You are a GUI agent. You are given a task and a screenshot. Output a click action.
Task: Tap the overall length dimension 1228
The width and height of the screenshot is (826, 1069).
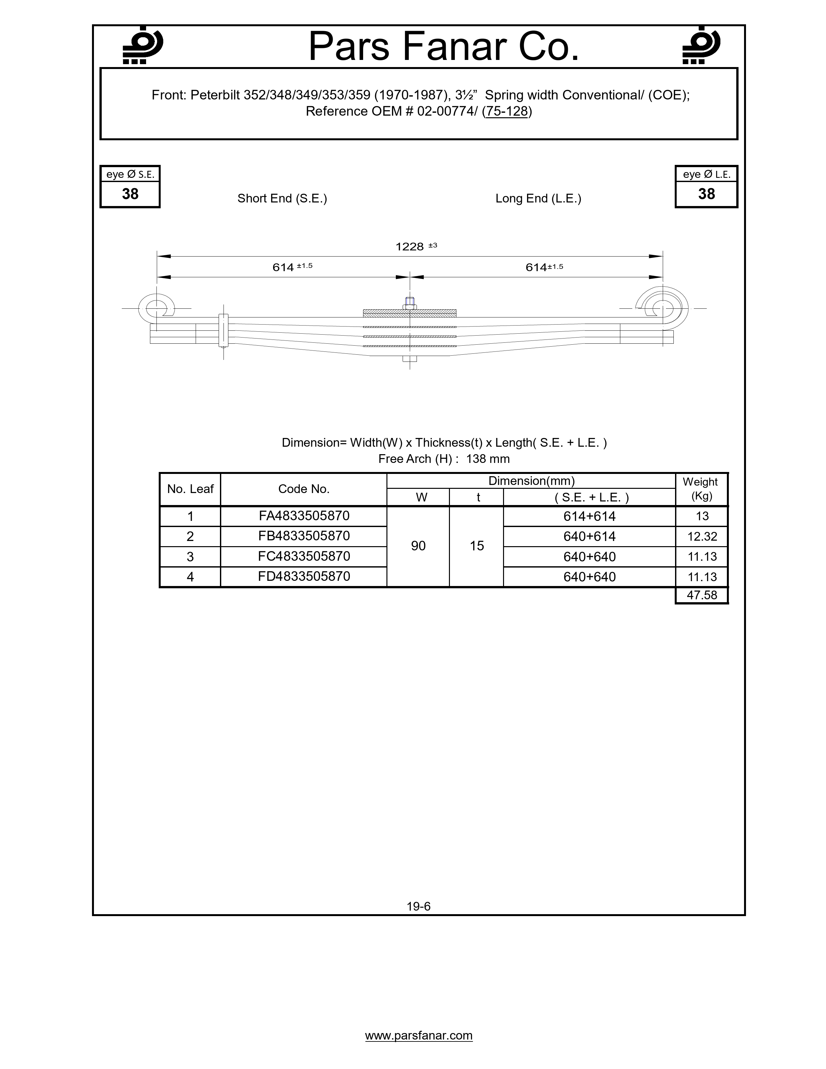(409, 247)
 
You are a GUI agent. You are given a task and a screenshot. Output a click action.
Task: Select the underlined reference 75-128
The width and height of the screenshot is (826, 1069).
(507, 112)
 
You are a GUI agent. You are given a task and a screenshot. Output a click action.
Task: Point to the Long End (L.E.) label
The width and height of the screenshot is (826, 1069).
(538, 198)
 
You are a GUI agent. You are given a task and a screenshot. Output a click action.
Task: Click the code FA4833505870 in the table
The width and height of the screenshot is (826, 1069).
(304, 516)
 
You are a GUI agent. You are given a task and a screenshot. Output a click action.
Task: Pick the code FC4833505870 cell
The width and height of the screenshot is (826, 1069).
(304, 557)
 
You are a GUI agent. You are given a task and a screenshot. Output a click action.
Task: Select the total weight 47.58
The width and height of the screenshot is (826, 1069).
(702, 595)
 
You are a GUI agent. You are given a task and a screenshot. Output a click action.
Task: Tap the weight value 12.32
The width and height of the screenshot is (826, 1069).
(702, 536)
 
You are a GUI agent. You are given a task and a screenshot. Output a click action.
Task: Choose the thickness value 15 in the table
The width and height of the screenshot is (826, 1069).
(476, 546)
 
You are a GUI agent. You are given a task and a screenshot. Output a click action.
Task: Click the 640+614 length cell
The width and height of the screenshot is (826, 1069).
(589, 536)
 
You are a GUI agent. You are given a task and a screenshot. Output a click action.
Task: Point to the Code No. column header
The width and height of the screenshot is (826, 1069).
(304, 489)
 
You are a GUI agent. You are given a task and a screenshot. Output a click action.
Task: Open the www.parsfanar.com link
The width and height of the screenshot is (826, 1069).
(419, 1036)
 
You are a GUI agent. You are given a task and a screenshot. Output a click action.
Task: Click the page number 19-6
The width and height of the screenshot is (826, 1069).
(419, 906)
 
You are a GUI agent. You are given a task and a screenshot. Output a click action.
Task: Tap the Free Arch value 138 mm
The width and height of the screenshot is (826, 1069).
(488, 459)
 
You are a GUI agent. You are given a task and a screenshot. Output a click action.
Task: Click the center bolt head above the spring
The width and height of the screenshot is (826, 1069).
(409, 302)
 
